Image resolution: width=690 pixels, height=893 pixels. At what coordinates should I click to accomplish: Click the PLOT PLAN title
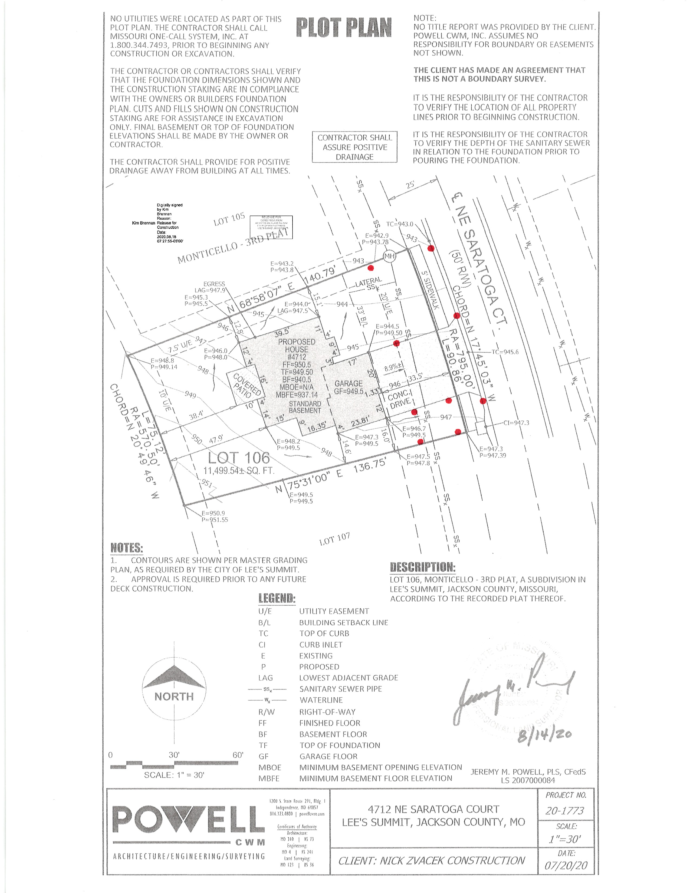(x=344, y=28)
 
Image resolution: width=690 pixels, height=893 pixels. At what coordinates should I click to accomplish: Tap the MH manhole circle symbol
(x=389, y=256)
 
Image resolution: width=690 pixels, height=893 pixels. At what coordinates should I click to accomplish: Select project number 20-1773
(x=565, y=811)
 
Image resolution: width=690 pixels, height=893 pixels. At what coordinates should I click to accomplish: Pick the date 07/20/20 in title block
(x=566, y=866)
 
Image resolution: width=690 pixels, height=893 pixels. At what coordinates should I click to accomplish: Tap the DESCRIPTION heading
(x=423, y=567)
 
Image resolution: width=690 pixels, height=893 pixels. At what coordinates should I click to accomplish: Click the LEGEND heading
(x=277, y=599)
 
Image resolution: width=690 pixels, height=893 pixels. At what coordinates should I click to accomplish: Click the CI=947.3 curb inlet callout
(x=516, y=423)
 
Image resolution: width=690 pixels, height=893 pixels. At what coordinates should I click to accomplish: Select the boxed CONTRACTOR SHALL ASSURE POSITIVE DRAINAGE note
(x=354, y=147)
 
